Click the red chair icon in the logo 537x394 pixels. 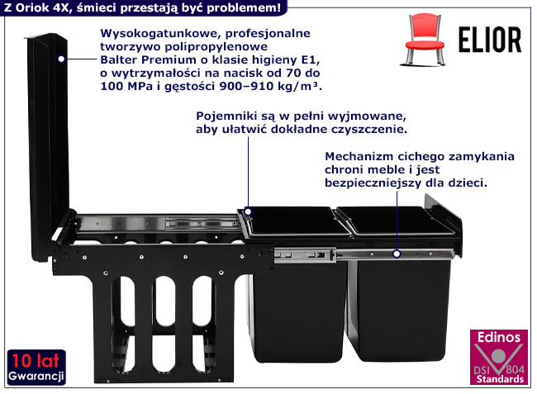tap(425, 39)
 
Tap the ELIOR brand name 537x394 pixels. tap(490, 40)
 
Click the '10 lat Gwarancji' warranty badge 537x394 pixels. tap(36, 367)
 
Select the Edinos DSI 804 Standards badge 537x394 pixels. tap(498, 357)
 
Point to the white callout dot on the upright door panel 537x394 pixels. tap(61, 59)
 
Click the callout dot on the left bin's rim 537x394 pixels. tap(248, 211)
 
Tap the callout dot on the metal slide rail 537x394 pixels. tap(397, 254)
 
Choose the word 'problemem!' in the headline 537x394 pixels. tap(244, 8)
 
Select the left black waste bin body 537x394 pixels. tap(298, 308)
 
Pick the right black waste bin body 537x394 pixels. tap(398, 308)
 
